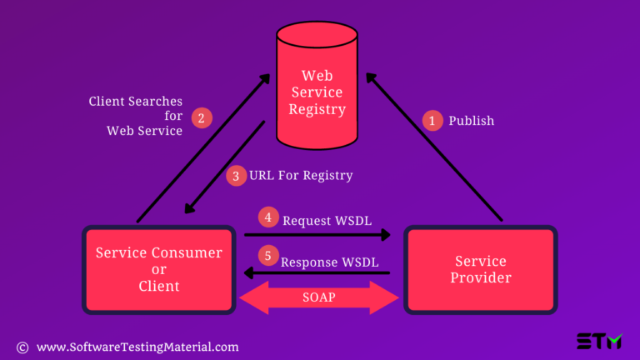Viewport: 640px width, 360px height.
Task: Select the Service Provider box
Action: (x=481, y=269)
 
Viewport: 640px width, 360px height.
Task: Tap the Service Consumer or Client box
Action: (x=158, y=269)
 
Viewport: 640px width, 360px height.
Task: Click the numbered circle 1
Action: (x=432, y=121)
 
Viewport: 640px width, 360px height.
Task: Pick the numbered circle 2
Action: (x=200, y=117)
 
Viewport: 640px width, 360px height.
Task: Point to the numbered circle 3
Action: (x=237, y=176)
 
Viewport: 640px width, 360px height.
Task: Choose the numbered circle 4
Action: (x=268, y=217)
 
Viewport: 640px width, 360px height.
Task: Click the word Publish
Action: (x=472, y=121)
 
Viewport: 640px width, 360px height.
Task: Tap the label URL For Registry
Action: (x=301, y=176)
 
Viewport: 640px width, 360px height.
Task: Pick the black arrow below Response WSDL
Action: (x=317, y=273)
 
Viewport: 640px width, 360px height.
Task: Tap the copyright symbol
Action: (x=22, y=347)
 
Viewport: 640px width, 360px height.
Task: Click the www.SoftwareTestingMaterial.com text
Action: (x=137, y=347)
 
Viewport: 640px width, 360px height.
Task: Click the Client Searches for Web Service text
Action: (x=136, y=116)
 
